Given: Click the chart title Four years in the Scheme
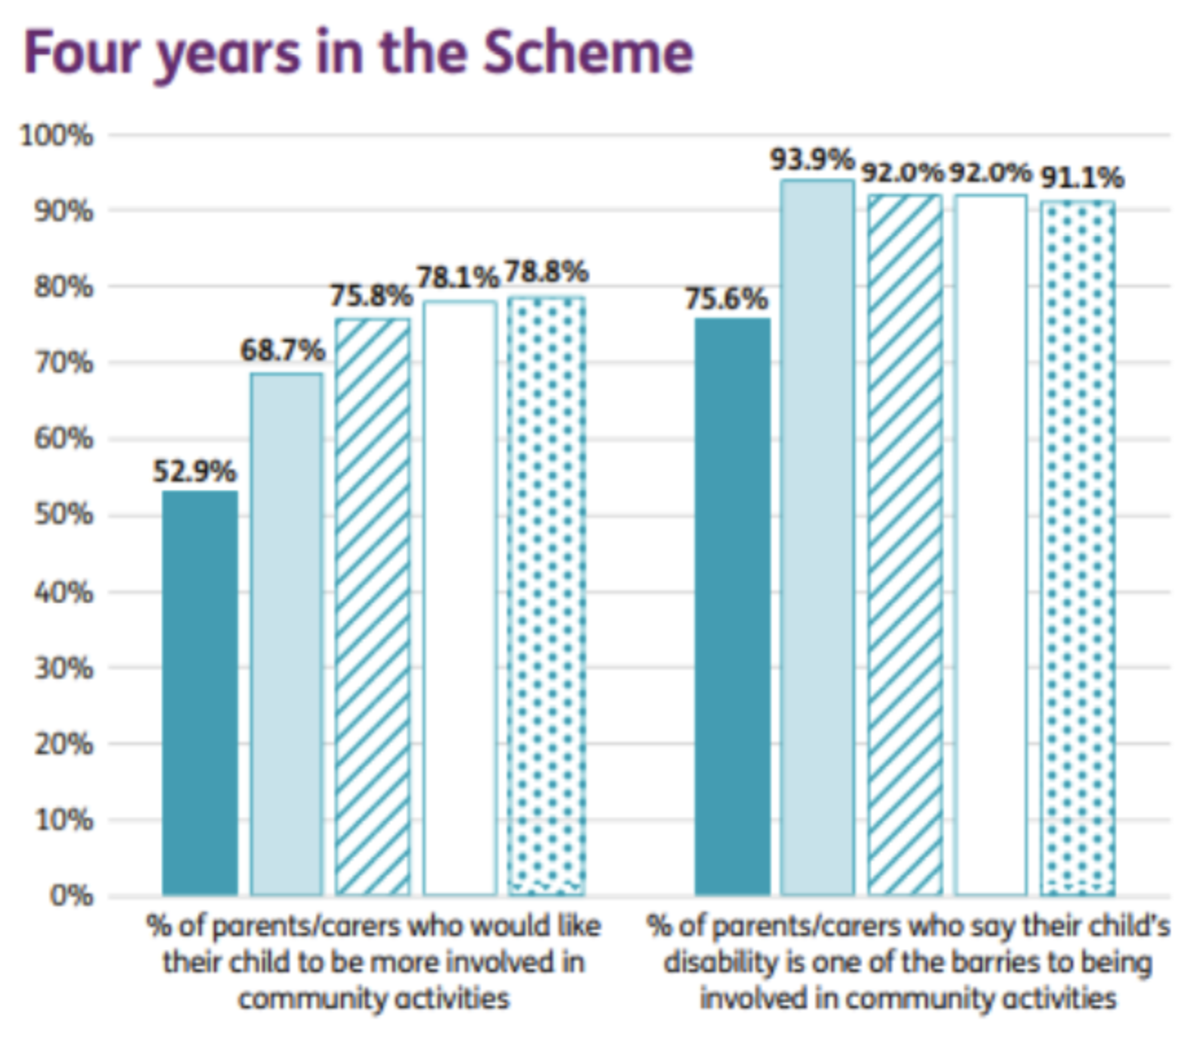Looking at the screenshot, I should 358,53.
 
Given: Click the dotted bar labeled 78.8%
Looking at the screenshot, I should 546,595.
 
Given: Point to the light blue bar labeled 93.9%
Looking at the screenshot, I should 817,537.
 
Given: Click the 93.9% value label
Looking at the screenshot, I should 812,160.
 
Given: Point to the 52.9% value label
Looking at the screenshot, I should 194,471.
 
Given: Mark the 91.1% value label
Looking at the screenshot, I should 1081,177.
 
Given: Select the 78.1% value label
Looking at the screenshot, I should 458,277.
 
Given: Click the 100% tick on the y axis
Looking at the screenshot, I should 56,136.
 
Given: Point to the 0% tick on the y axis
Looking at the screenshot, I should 71,896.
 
